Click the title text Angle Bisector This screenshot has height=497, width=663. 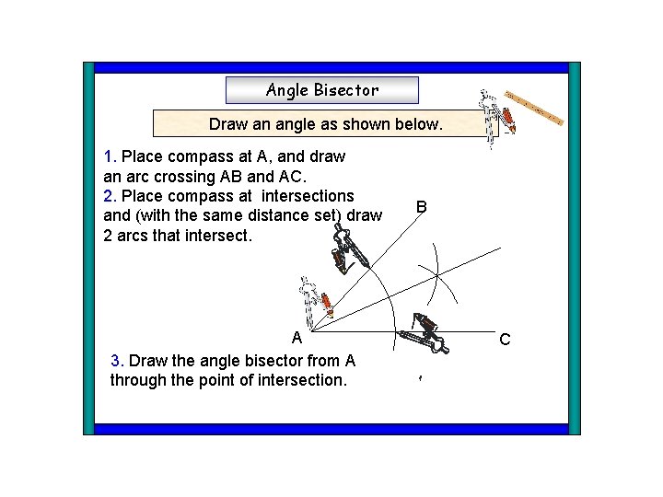pyautogui.click(x=321, y=90)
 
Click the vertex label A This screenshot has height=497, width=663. pyautogui.click(x=297, y=337)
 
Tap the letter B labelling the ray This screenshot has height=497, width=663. pyautogui.click(x=420, y=207)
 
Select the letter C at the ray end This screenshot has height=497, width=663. pyautogui.click(x=505, y=340)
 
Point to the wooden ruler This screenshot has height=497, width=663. pyautogui.click(x=534, y=110)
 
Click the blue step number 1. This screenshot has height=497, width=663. pyautogui.click(x=110, y=156)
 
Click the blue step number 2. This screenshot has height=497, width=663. pyautogui.click(x=110, y=196)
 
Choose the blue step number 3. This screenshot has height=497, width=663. pyautogui.click(x=116, y=361)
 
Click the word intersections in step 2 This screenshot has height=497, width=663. pyautogui.click(x=308, y=196)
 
